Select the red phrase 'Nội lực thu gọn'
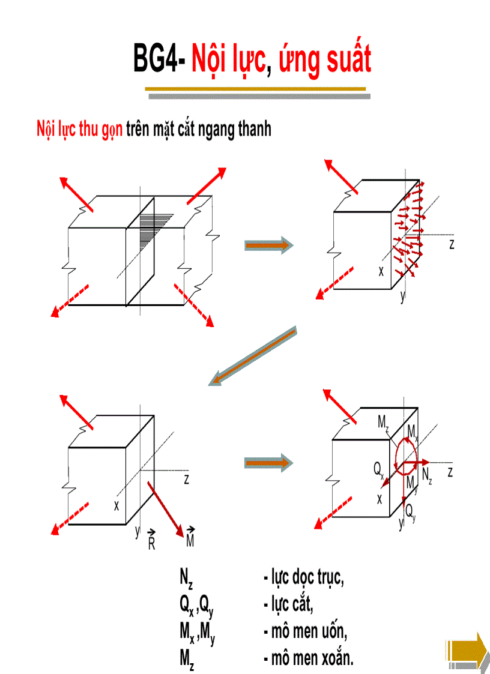80,129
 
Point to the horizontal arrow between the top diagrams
268,245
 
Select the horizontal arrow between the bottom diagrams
268,462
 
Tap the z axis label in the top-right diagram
451,244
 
